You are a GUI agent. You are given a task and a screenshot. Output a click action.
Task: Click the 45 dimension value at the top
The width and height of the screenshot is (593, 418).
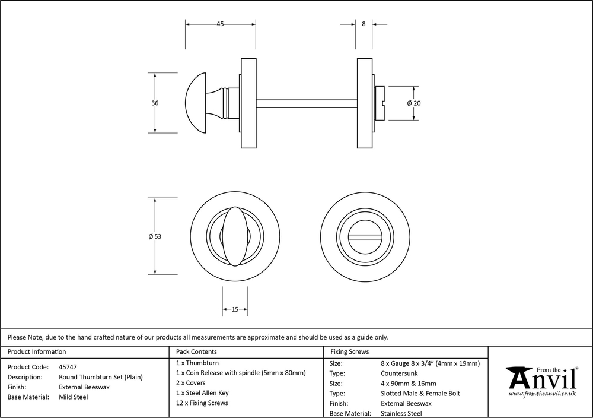click(220, 24)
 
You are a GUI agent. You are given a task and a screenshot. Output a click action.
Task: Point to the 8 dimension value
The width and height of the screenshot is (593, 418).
click(363, 24)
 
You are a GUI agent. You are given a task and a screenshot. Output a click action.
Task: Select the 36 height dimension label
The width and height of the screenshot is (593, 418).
click(155, 103)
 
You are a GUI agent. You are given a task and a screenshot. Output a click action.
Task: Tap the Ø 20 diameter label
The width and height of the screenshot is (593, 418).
click(414, 103)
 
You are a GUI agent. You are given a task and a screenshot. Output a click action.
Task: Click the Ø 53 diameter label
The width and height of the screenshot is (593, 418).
click(155, 236)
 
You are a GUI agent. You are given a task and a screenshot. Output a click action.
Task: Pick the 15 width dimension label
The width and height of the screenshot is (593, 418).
click(235, 309)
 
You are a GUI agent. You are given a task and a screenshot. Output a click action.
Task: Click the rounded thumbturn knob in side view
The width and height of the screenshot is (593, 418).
click(198, 103)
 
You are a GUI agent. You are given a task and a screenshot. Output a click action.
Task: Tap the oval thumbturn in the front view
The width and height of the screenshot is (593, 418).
click(235, 236)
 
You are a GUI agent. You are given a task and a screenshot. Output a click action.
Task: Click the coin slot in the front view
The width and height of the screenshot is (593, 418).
click(362, 236)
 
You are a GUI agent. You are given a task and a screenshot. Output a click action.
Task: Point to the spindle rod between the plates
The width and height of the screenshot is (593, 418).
click(307, 103)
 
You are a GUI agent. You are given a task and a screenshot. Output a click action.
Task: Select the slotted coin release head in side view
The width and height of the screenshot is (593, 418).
click(380, 103)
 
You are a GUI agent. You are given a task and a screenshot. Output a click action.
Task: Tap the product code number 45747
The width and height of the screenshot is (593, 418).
click(68, 367)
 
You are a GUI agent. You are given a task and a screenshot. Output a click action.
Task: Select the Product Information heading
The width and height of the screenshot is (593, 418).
click(37, 352)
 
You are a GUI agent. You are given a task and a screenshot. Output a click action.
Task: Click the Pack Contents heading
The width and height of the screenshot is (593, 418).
click(196, 352)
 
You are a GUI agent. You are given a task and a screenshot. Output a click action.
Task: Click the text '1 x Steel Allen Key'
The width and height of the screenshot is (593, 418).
click(202, 393)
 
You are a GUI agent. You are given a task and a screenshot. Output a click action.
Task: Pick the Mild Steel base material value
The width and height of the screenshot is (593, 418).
click(73, 397)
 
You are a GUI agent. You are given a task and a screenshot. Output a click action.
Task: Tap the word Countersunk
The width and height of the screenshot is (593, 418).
click(400, 373)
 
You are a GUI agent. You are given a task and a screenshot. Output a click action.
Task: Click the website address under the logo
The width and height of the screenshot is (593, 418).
click(543, 394)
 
